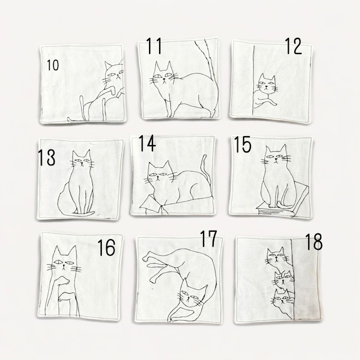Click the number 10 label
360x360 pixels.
pyautogui.click(x=53, y=65)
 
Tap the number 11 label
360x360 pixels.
pyautogui.click(x=154, y=46)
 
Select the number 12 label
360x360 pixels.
pyautogui.click(x=294, y=46)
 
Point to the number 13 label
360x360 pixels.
pyautogui.click(x=47, y=157)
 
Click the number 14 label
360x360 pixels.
pyautogui.click(x=147, y=143)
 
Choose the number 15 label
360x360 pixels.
pyautogui.click(x=242, y=145)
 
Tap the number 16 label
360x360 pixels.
pyautogui.click(x=106, y=247)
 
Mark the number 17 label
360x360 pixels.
pyautogui.click(x=209, y=238)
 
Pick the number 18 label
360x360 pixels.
pyautogui.click(x=314, y=241)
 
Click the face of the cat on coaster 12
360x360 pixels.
pyautogui.click(x=266, y=84)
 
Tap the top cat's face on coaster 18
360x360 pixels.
pyautogui.click(x=276, y=257)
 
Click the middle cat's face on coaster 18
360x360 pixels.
pyautogui.click(x=285, y=280)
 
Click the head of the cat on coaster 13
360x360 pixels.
pyautogui.click(x=82, y=160)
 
